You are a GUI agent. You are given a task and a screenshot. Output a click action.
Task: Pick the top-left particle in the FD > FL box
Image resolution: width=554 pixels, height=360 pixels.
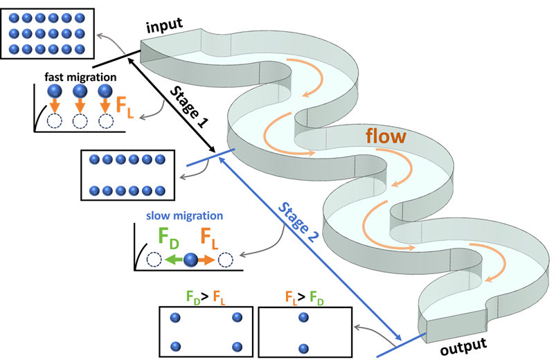pos(175,318)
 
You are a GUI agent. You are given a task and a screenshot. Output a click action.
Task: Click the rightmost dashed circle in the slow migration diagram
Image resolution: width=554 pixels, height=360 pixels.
pos(225,260)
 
